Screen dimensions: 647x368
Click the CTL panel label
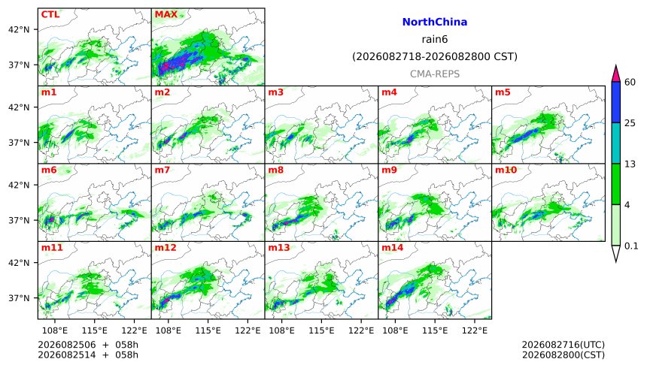point(50,14)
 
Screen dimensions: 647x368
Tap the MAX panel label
point(166,14)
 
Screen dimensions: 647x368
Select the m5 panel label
point(503,92)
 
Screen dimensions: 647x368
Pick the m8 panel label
point(276,170)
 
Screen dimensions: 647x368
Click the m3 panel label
point(276,92)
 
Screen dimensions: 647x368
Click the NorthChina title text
point(435,23)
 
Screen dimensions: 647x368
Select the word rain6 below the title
point(435,40)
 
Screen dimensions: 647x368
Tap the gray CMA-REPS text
point(435,74)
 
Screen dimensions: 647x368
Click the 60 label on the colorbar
point(630,83)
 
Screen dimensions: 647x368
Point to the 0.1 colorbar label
point(631,246)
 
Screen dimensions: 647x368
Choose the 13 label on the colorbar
point(630,164)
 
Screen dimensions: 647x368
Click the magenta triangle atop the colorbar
point(615,74)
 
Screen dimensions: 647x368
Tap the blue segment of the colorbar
point(615,102)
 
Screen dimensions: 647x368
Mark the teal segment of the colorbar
point(615,143)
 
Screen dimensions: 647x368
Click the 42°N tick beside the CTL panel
point(19,30)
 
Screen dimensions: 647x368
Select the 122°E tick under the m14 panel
point(474,330)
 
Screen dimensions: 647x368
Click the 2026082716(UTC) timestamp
point(563,345)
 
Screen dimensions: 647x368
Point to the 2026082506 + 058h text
point(88,345)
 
